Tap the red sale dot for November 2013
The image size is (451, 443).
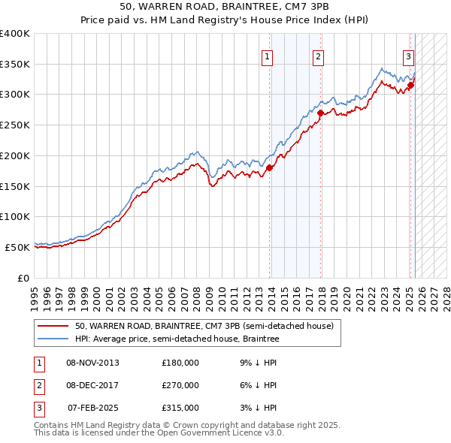(x=270, y=168)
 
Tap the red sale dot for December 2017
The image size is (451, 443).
(x=321, y=113)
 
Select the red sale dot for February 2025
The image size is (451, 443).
(x=410, y=86)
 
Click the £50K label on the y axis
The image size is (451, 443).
(x=17, y=247)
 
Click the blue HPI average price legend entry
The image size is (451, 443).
(x=177, y=339)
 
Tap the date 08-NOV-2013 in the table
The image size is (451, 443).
(x=92, y=363)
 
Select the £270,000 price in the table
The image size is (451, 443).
(x=180, y=385)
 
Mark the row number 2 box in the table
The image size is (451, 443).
(x=38, y=385)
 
